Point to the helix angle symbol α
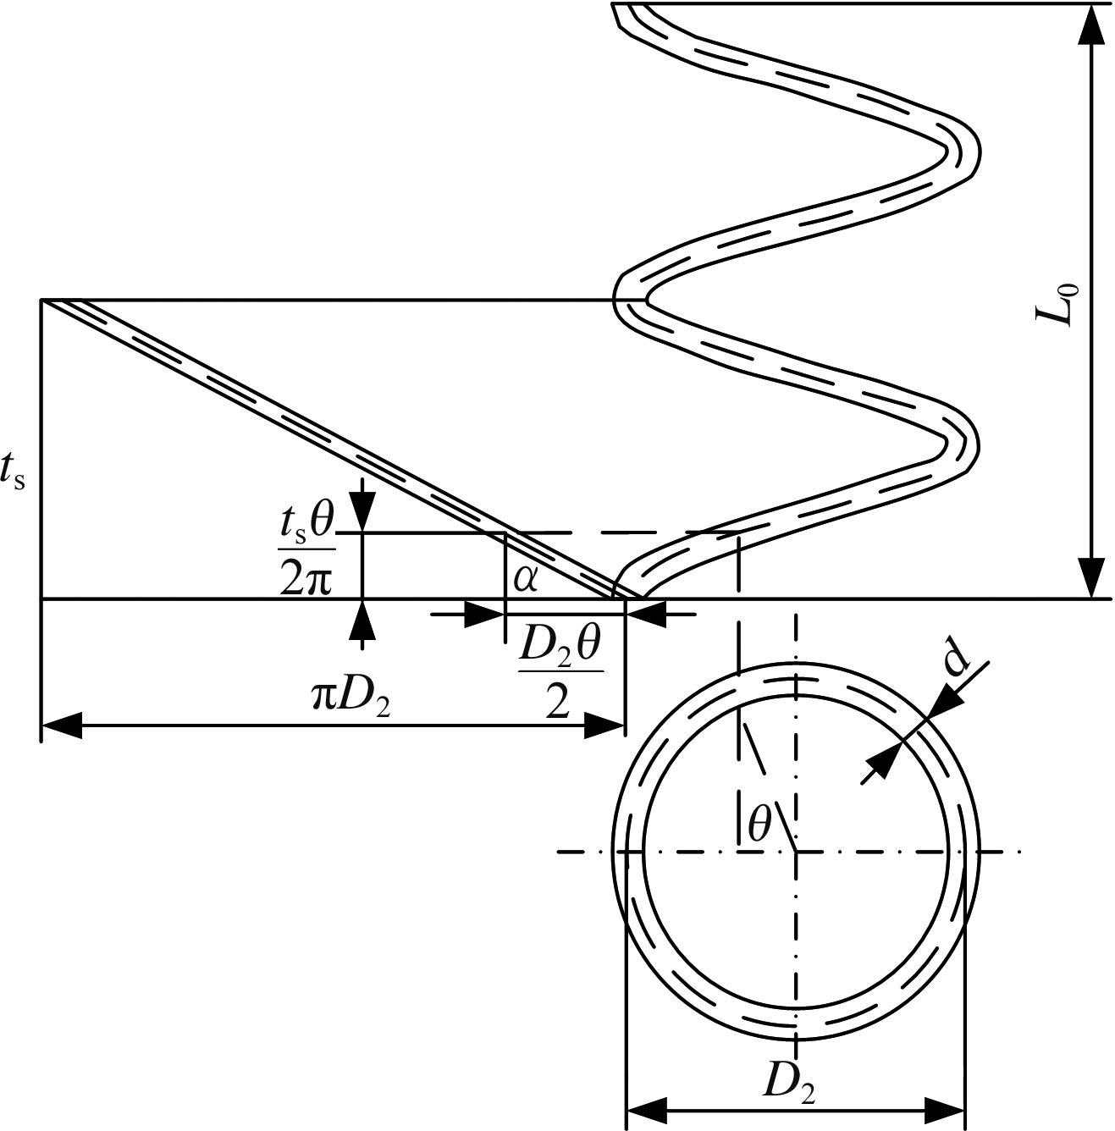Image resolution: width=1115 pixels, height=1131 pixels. (x=526, y=580)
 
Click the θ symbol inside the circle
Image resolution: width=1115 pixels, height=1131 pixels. (x=760, y=823)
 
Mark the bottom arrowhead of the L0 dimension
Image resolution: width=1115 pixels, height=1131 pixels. (x=1093, y=578)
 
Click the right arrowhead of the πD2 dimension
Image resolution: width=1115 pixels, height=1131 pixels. (x=604, y=725)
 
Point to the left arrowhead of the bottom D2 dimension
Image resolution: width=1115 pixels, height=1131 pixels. (x=647, y=1110)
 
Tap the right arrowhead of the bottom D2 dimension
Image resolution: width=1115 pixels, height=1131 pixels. (x=944, y=1110)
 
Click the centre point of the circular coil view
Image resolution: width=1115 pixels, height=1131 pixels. (x=796, y=852)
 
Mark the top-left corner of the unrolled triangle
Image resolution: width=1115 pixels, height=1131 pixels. (x=41, y=301)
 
